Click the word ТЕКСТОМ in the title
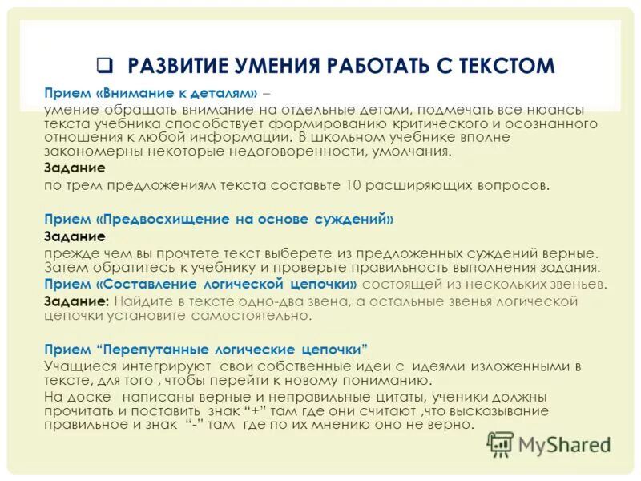tap(503, 65)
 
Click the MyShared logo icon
tap(500, 443)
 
